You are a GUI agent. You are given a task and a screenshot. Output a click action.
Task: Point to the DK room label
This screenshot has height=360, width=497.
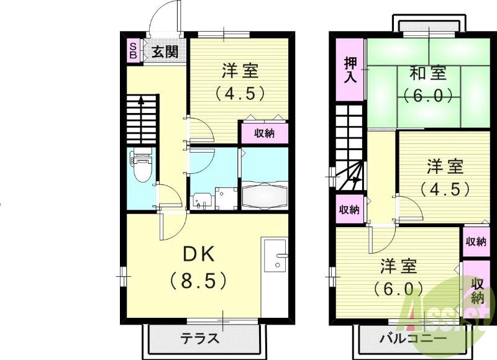click(198, 255)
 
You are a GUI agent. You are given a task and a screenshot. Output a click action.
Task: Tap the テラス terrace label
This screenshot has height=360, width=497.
click(200, 339)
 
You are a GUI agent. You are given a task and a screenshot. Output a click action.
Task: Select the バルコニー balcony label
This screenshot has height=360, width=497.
click(413, 339)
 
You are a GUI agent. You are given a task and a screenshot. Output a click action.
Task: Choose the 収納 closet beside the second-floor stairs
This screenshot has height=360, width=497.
click(349, 209)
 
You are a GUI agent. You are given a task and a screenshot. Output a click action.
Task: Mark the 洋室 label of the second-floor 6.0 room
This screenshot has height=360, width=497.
click(398, 266)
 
